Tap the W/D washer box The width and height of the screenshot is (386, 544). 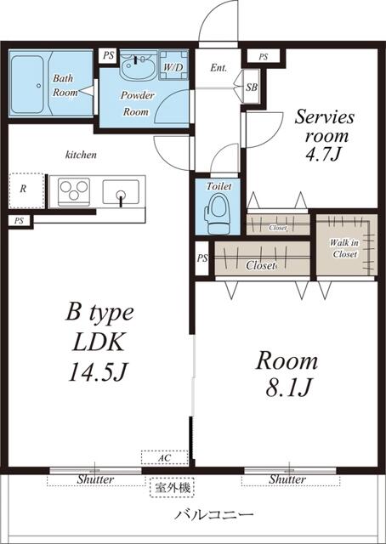(173, 65)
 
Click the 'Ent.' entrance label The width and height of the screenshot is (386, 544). (218, 68)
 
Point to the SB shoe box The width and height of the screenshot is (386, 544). (252, 87)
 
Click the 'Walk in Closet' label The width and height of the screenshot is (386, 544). (343, 247)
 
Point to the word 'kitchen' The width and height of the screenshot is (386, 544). (81, 156)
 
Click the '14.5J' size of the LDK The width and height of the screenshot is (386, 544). (95, 371)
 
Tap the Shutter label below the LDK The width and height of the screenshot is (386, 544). (95, 479)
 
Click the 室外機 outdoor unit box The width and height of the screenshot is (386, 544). (173, 489)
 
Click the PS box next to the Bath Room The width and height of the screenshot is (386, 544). (107, 55)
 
